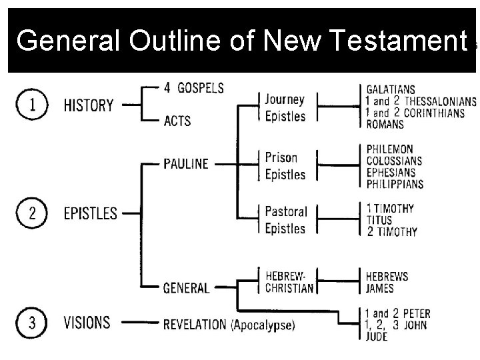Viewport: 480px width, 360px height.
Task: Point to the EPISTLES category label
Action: [90, 214]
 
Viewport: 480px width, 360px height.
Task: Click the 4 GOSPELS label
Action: [194, 87]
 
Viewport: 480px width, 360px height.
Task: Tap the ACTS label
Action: [177, 121]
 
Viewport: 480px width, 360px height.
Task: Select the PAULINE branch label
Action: [186, 163]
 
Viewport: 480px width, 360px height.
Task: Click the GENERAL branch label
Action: [186, 288]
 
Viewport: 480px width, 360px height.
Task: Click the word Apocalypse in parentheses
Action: [263, 325]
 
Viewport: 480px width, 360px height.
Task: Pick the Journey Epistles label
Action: [285, 108]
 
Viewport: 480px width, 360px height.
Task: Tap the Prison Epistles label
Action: [285, 167]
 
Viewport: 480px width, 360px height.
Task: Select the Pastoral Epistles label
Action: [285, 219]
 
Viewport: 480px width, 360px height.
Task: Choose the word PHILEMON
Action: [390, 149]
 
